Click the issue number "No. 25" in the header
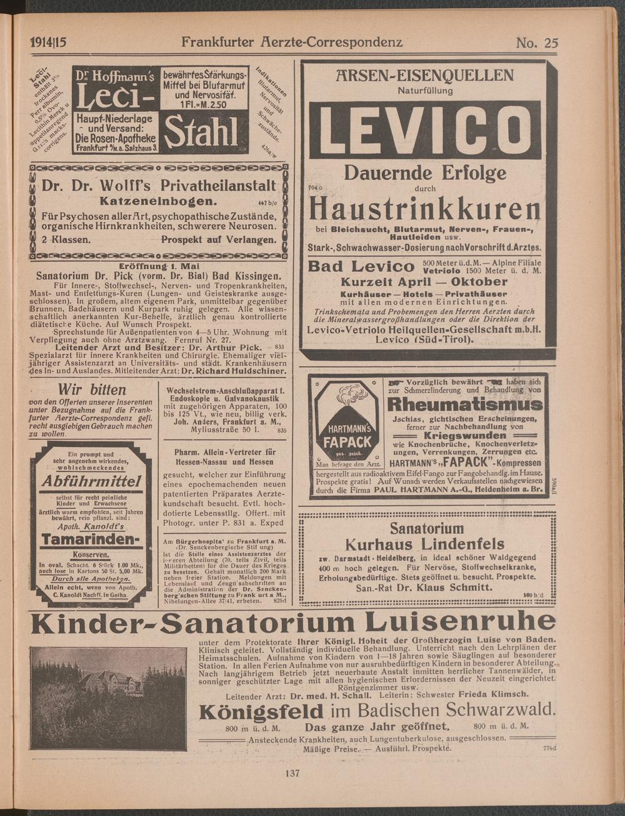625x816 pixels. click(x=536, y=42)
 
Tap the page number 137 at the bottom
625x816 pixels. click(x=292, y=773)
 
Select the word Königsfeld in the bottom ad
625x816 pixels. click(x=261, y=710)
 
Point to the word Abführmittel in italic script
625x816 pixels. click(x=91, y=482)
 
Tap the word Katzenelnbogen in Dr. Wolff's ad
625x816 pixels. click(x=158, y=202)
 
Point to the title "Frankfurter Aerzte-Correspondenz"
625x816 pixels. click(x=292, y=42)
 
